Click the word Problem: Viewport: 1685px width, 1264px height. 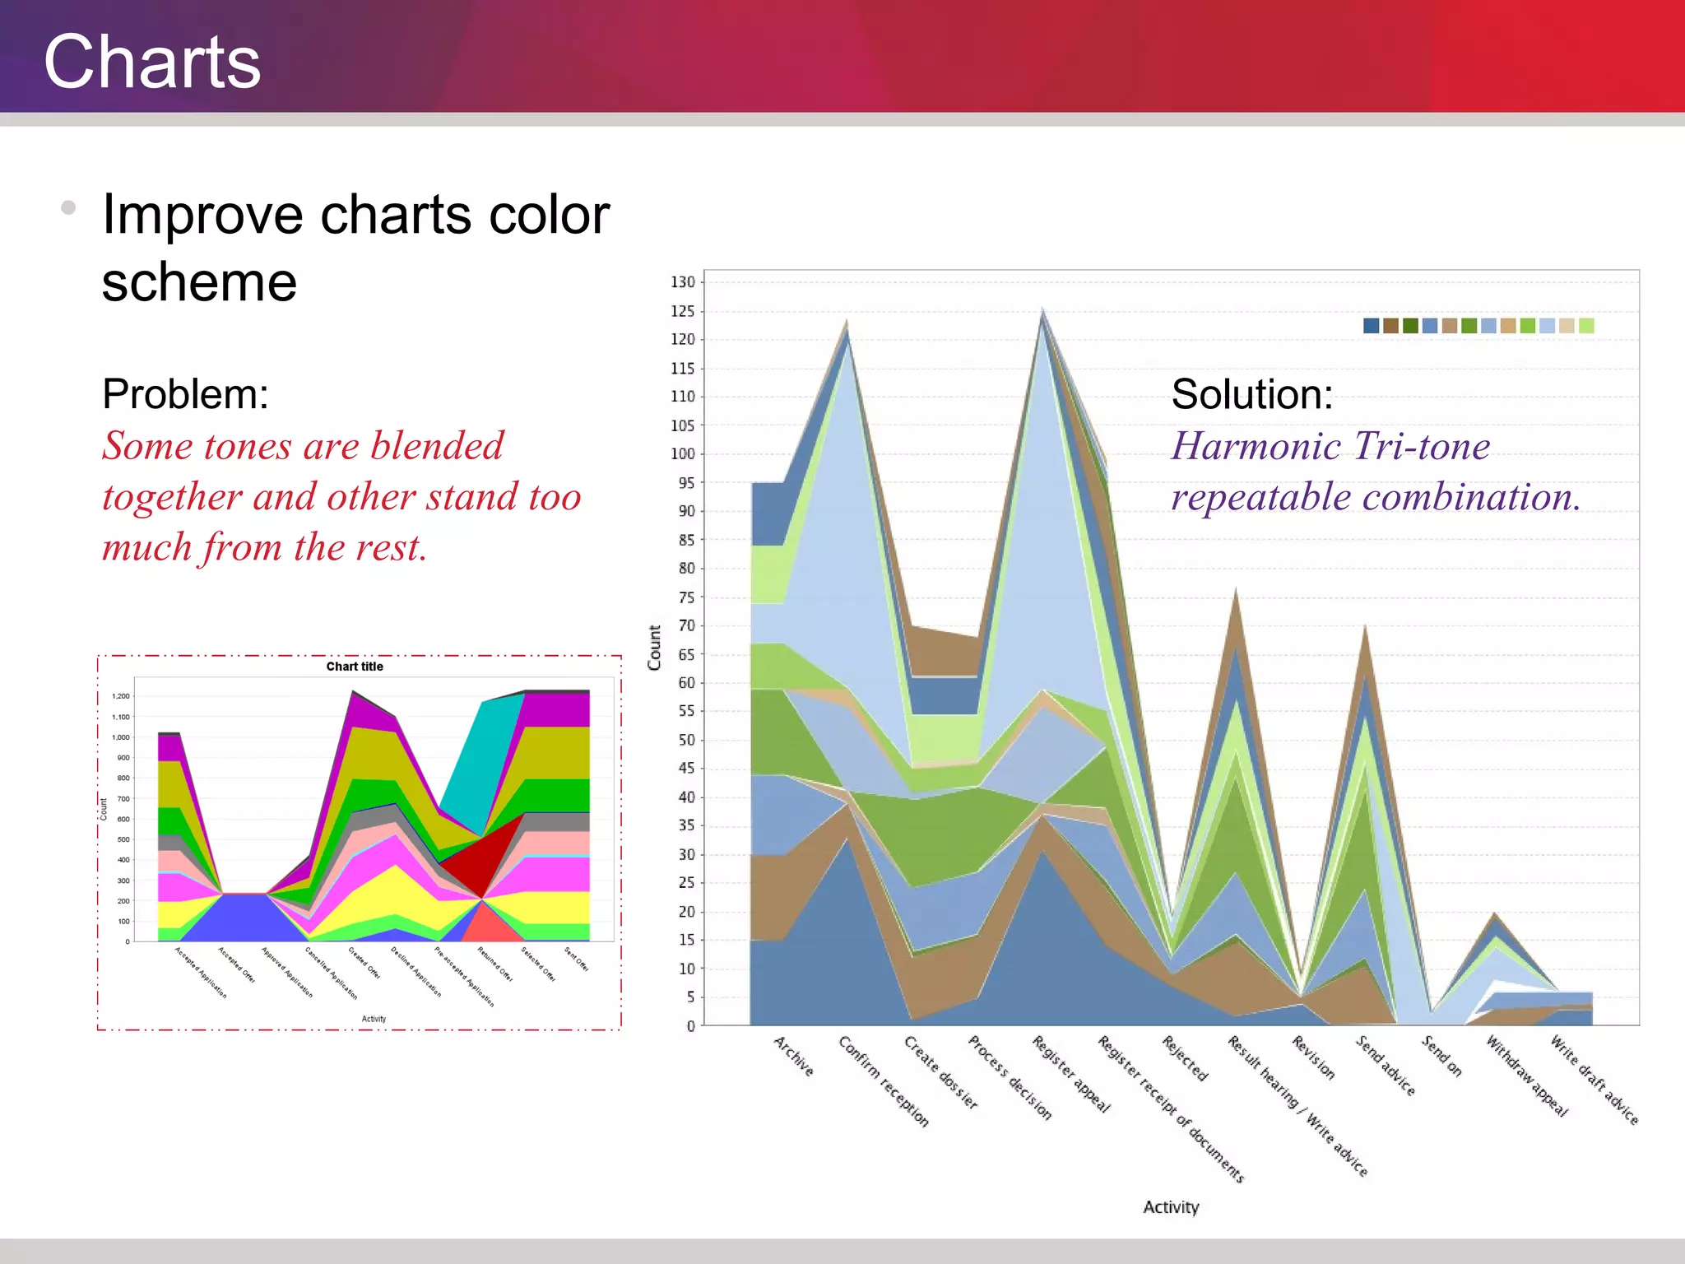[186, 393]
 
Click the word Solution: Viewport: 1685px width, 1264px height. [1251, 393]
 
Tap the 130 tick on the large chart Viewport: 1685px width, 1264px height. [682, 282]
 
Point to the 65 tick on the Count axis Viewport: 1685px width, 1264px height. [685, 655]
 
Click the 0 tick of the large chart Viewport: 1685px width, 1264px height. [690, 1026]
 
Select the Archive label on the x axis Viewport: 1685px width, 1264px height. [794, 1056]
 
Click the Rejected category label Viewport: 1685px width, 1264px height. [1185, 1058]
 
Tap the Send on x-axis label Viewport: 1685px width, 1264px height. [1441, 1056]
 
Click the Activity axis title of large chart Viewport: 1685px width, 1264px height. [1171, 1207]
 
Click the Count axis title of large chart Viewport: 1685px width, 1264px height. [655, 648]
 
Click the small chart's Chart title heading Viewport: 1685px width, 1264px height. [355, 667]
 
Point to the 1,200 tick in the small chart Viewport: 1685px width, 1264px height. [121, 696]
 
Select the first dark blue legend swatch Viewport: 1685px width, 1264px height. [1371, 326]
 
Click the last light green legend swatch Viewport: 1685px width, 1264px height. [1586, 326]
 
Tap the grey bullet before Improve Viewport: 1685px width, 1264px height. [68, 207]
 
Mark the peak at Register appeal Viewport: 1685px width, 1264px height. [1042, 311]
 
